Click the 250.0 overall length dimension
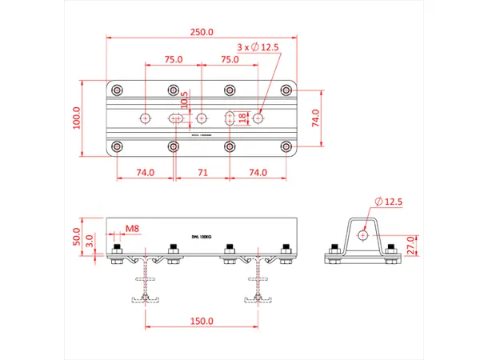[201, 33]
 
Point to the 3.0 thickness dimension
[90, 238]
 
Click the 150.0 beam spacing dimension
[202, 321]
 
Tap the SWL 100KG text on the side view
[202, 237]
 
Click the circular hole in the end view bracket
[362, 235]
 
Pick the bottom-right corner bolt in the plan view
[286, 146]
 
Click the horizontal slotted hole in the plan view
[176, 118]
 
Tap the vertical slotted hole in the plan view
[230, 118]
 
